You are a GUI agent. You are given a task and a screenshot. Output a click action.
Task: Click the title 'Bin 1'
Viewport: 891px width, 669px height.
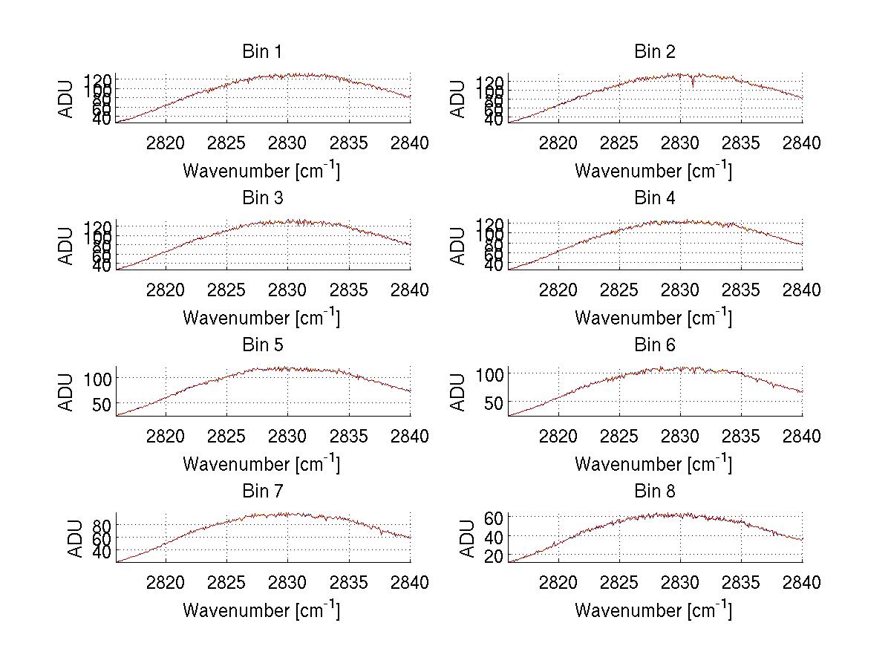262,52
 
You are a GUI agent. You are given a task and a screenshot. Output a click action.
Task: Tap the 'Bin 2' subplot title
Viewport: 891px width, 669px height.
654,52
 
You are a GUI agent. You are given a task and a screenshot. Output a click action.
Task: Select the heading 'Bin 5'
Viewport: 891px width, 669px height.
262,345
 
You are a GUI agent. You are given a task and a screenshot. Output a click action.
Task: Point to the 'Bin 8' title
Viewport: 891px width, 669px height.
654,492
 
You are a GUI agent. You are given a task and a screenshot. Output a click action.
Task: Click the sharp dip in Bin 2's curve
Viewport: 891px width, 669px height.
693,85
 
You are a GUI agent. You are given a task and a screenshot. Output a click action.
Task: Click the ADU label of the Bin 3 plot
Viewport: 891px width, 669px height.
67,246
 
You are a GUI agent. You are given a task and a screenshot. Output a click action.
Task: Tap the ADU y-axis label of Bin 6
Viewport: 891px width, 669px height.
458,392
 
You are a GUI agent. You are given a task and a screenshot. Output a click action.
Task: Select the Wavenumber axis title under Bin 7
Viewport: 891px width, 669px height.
261,610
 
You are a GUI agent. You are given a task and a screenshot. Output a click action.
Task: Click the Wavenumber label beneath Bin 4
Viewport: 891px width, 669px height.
653,318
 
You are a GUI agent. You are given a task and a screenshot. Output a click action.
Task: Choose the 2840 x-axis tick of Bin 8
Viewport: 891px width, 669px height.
801,583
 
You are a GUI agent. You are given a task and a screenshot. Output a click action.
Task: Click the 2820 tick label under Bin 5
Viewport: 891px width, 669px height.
166,437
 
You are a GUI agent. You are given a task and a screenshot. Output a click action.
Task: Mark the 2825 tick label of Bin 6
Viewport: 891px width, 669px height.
619,437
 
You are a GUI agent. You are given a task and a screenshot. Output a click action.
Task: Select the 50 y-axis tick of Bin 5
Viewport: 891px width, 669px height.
102,404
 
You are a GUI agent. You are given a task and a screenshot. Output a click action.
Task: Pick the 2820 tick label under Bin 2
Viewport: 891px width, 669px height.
558,143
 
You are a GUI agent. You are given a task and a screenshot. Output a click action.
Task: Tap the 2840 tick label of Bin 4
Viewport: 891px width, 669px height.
801,290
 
